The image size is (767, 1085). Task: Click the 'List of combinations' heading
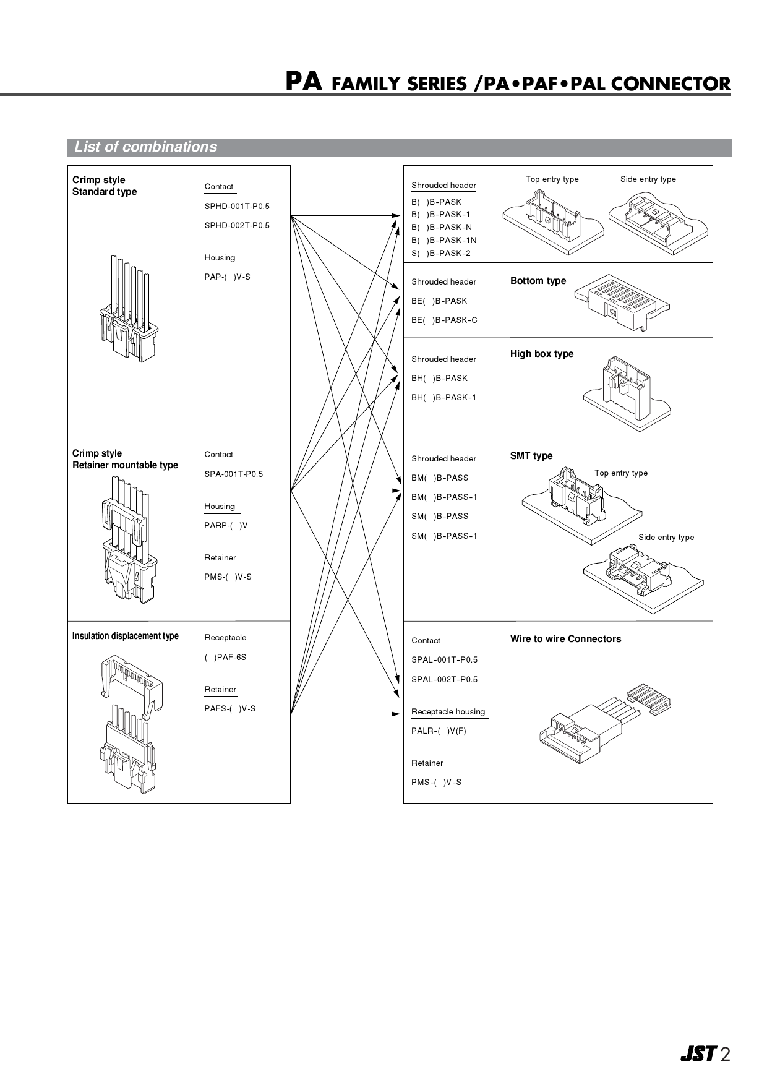click(x=146, y=147)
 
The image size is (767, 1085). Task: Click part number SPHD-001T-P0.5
click(x=237, y=207)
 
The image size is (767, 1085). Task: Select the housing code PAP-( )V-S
click(x=228, y=277)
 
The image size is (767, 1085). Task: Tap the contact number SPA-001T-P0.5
click(x=234, y=474)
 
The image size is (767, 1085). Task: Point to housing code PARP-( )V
click(x=226, y=526)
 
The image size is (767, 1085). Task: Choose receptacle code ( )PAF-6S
click(x=225, y=658)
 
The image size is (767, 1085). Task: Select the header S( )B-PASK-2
click(x=440, y=254)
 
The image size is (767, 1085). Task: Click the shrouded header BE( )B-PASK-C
click(x=444, y=320)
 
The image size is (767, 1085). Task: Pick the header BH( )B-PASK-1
click(x=443, y=398)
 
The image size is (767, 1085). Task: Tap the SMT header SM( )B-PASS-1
click(x=444, y=536)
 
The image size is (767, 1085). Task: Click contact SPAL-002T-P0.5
click(x=444, y=680)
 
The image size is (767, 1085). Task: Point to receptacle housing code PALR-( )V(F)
click(x=439, y=731)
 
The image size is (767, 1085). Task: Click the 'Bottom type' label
click(x=538, y=281)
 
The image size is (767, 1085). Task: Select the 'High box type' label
click(x=542, y=354)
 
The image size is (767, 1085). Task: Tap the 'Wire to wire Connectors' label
click(x=565, y=639)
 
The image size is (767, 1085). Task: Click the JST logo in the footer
click(x=698, y=1054)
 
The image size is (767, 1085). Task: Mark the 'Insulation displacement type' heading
click(x=126, y=637)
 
